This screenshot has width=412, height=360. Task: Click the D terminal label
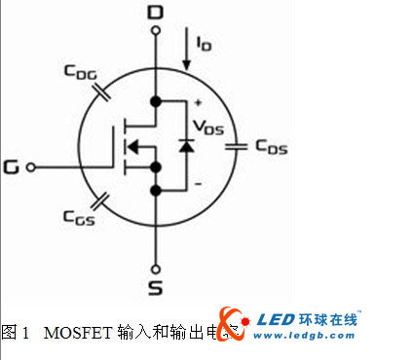[x=155, y=12]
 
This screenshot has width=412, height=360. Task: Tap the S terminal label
[x=155, y=289]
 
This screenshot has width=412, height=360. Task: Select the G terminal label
[x=12, y=166]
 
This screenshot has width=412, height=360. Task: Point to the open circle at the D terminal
[x=155, y=30]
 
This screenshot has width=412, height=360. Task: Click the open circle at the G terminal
[x=31, y=166]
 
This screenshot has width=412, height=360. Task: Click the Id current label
[x=202, y=43]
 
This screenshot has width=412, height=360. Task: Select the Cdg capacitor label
[x=80, y=72]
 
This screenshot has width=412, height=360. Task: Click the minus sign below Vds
[x=198, y=183]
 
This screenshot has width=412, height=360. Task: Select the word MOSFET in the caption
[x=73, y=332]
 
